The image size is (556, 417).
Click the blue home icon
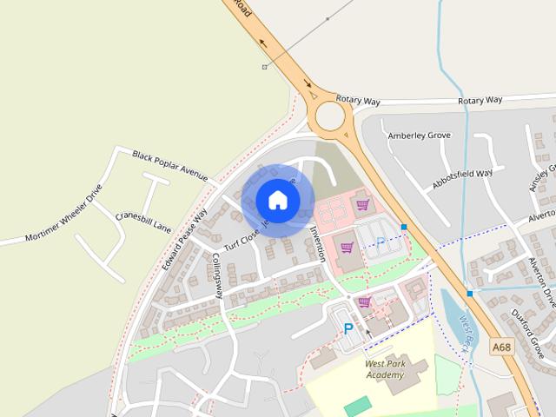(x=277, y=200)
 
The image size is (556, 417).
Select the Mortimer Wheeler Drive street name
(x=64, y=213)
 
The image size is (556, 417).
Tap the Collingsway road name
(x=217, y=275)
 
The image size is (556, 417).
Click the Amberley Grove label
(x=419, y=136)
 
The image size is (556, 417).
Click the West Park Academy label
(x=384, y=369)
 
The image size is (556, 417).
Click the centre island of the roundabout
(x=330, y=115)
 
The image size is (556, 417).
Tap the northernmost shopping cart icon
(x=362, y=205)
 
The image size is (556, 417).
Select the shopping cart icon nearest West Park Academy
(x=365, y=301)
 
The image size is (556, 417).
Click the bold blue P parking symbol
(x=348, y=329)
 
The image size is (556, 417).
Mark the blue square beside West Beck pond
(x=469, y=294)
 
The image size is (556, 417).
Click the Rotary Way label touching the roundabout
(x=358, y=102)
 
